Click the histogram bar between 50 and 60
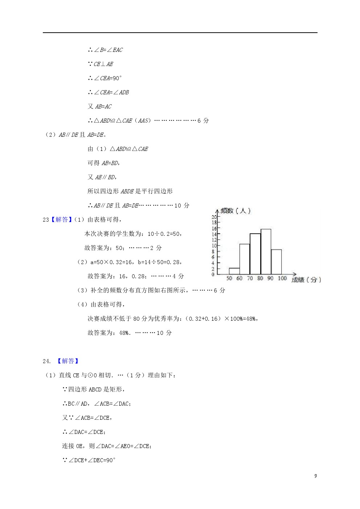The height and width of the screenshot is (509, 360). pos(234,271)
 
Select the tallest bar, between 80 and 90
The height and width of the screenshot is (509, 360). pos(266,251)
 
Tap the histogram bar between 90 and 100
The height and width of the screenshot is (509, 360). pos(276,262)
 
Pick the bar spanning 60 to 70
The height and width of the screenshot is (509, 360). pos(245,259)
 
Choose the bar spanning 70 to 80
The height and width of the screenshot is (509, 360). pos(255,254)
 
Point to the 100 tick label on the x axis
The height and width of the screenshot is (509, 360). pos(282,278)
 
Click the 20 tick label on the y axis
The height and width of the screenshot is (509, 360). pos(214,217)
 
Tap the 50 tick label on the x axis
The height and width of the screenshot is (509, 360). pos(229,278)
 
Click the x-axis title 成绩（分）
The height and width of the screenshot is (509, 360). pos(306,280)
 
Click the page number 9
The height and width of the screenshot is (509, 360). pos(315,476)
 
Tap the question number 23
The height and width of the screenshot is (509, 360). pos(45,219)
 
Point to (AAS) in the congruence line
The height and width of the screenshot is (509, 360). pos(143,120)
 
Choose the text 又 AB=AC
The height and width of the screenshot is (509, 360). pos(99,106)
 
